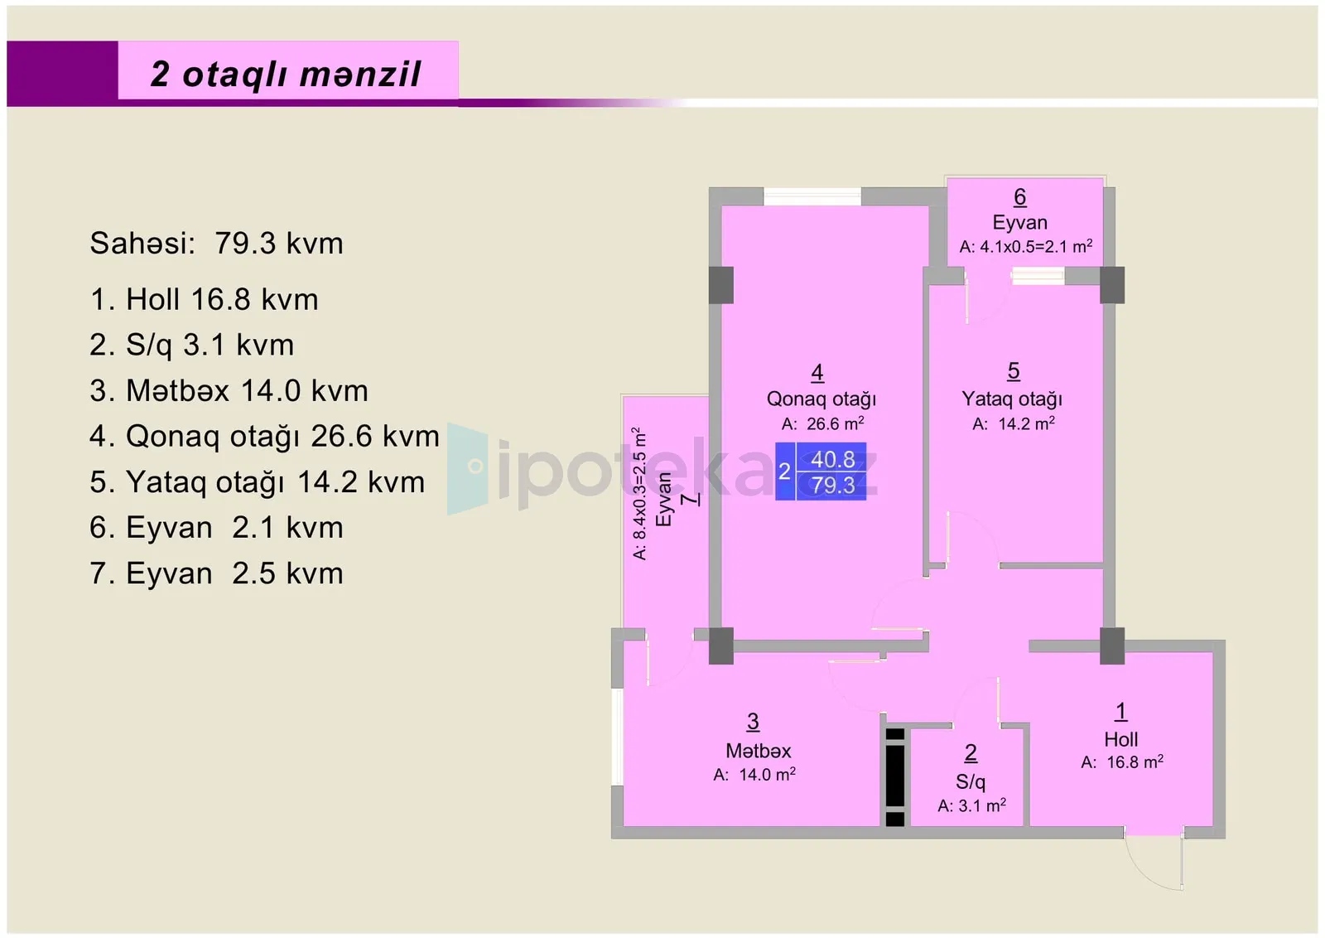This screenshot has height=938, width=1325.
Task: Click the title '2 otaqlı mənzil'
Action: pos(286,75)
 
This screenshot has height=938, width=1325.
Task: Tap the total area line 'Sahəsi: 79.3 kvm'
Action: pos(216,244)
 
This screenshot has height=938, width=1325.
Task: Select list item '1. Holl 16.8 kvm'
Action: pos(204,299)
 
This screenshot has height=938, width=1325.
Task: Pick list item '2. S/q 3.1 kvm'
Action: pos(191,345)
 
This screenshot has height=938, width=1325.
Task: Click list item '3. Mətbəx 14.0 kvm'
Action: pos(229,390)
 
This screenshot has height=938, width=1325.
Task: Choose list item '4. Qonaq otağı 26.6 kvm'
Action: pos(264,437)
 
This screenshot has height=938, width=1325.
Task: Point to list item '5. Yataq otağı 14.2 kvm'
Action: pos(258,482)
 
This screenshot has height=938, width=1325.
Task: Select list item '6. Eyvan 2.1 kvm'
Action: pos(216,528)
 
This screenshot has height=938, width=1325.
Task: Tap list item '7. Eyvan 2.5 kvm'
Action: pos(216,573)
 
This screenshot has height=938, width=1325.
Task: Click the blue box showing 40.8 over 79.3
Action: pos(821,471)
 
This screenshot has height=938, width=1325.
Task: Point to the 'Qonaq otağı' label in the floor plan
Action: pos(821,399)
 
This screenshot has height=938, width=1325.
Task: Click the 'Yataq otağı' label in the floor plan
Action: pos(1012,399)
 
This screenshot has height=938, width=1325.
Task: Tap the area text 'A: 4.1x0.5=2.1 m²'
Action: pos(1026,246)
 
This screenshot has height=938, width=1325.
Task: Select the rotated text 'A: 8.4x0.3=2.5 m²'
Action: pos(639,494)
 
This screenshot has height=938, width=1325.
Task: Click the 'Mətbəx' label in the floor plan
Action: pos(759,751)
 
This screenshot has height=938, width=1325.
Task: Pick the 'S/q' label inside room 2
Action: pos(971,781)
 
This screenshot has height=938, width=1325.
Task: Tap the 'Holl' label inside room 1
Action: pos(1121,739)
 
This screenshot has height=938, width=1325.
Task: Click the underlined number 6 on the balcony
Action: pos(1019,197)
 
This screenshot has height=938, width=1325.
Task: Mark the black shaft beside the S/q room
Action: pos(895,776)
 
